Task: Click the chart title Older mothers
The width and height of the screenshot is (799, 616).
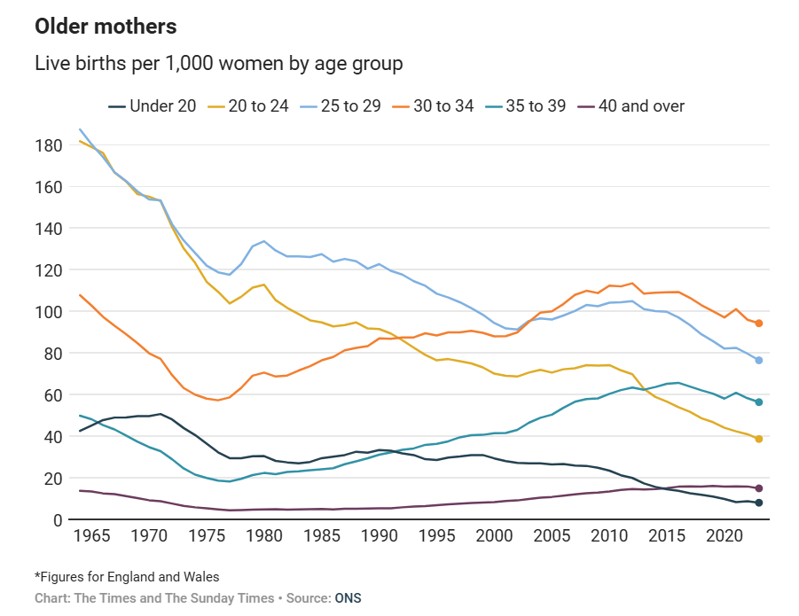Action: (x=106, y=27)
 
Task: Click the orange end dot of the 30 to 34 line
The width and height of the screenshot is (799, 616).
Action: (x=759, y=324)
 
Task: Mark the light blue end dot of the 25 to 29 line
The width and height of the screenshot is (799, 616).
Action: (x=759, y=360)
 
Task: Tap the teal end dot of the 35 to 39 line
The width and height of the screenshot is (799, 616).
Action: (x=759, y=402)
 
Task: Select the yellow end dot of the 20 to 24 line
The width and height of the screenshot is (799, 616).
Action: (x=759, y=439)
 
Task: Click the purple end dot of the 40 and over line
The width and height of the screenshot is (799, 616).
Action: (x=759, y=488)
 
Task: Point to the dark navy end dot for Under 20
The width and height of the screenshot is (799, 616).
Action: (x=759, y=503)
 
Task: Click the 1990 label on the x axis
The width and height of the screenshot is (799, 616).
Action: (x=380, y=537)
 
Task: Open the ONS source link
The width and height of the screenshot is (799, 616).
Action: (x=348, y=598)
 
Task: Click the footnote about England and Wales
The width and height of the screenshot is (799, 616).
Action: (x=127, y=578)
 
